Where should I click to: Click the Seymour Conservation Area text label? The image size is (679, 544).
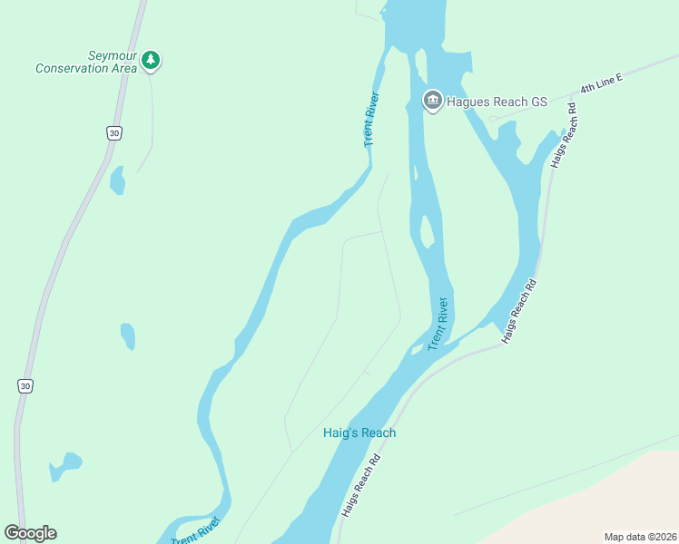click(x=86, y=62)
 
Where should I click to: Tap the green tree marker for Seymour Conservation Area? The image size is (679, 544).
click(x=151, y=61)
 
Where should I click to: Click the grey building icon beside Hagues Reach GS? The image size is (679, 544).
click(x=433, y=101)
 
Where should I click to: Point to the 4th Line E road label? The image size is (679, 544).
click(x=601, y=83)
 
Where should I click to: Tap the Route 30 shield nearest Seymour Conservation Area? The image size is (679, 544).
click(x=113, y=133)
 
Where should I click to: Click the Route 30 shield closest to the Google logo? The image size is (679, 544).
click(x=25, y=386)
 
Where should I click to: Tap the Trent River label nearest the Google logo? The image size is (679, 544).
click(x=196, y=529)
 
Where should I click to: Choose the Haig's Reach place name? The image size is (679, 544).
click(x=359, y=432)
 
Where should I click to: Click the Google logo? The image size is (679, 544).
click(x=30, y=533)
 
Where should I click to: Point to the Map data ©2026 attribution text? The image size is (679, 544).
click(x=639, y=537)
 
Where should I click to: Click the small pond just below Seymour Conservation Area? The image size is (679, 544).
click(x=117, y=180)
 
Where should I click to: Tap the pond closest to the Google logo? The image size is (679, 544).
click(x=65, y=465)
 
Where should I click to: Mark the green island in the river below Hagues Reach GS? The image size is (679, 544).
click(x=427, y=230)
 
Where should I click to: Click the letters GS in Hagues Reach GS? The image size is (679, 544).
click(x=538, y=102)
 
